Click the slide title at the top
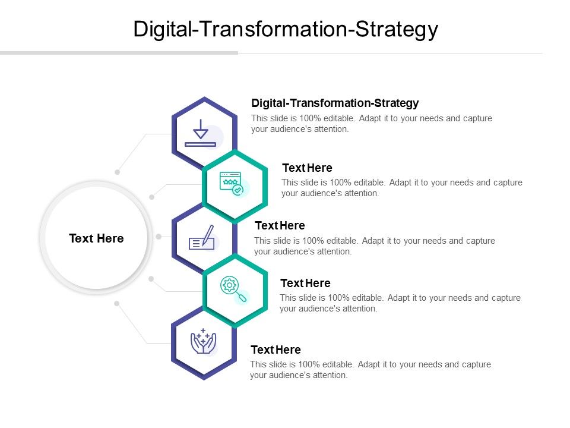285,29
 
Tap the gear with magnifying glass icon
233,289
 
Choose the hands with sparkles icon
203,341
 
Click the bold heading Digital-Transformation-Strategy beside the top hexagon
335,103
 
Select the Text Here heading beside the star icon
307,168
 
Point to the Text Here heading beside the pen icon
280,225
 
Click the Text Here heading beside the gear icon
305,283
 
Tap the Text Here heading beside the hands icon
275,350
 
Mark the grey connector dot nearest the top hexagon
118,172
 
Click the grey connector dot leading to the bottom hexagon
117,303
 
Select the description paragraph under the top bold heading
371,124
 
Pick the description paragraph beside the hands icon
370,370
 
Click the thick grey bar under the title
119,53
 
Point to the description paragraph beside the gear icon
400,303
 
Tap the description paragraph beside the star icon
401,188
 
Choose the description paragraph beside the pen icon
374,246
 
